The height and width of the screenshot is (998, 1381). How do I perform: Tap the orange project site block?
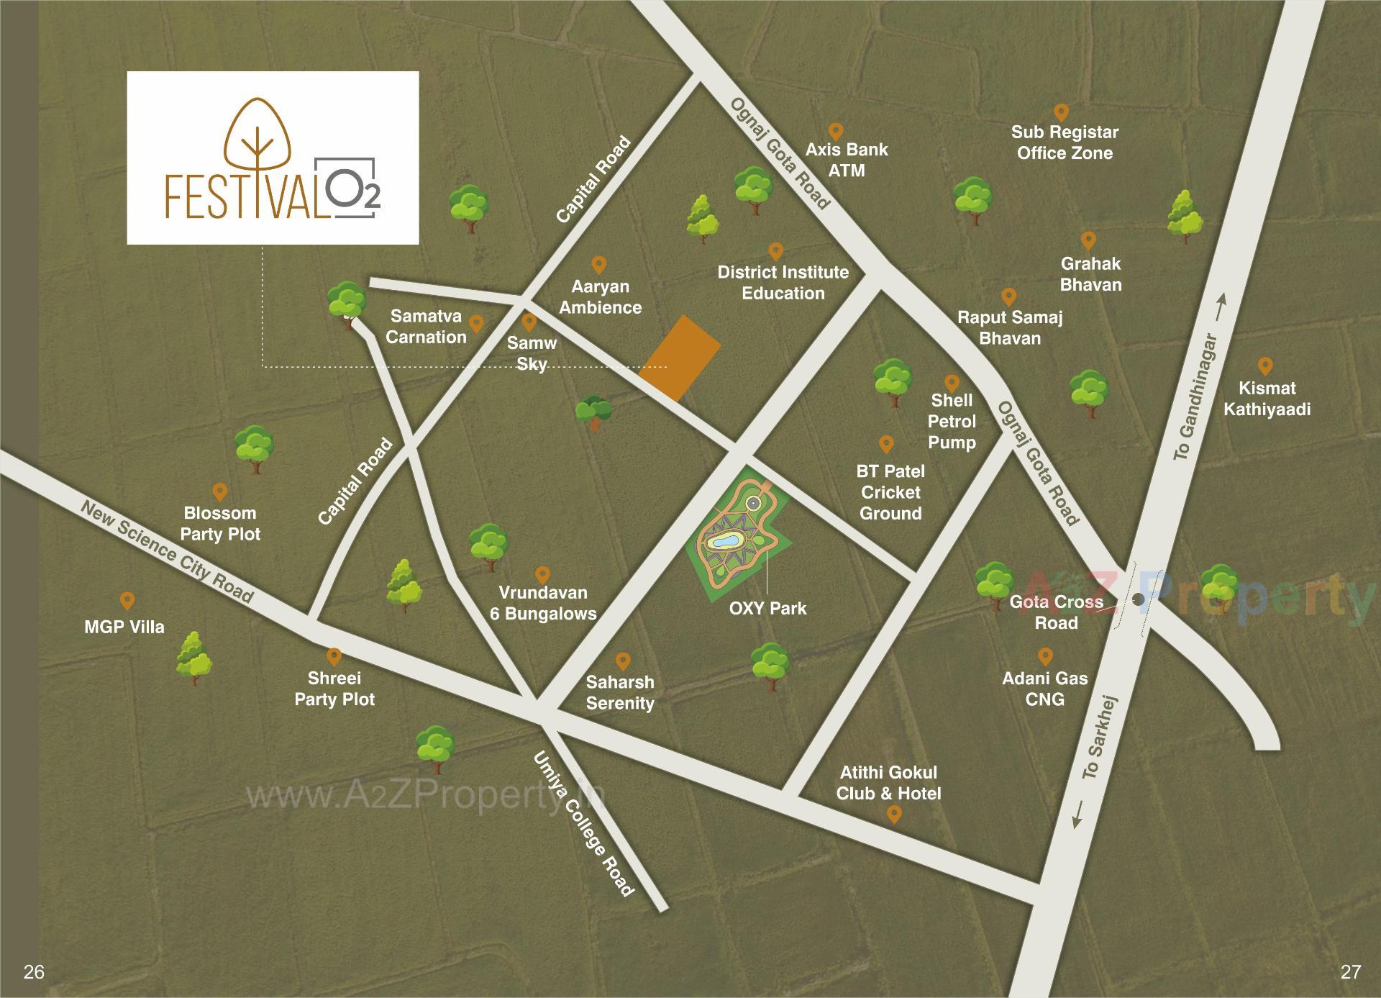point(680,358)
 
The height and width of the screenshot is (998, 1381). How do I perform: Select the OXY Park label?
point(767,608)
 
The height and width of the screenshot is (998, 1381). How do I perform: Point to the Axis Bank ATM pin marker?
point(835,132)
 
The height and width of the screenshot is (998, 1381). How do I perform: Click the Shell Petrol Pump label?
point(952,421)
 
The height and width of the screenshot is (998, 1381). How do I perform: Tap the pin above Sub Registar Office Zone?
point(1061,112)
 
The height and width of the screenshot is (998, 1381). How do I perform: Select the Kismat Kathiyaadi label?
point(1267,399)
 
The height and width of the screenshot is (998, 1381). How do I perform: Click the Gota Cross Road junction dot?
point(1138,599)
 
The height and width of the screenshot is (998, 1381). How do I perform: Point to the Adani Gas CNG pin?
point(1045,656)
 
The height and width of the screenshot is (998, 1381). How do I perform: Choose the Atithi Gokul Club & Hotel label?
point(888,783)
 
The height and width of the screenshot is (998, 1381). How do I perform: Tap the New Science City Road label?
point(167,552)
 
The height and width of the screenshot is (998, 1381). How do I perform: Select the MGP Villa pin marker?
point(127,601)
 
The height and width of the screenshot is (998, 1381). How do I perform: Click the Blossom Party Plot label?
point(220,523)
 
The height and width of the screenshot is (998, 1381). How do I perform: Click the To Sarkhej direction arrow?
point(1078,815)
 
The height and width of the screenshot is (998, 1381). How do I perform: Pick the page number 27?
point(1350,972)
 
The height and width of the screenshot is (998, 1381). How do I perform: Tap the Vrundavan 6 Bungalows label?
point(543,603)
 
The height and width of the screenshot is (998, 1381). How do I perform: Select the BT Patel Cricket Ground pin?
point(886,444)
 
